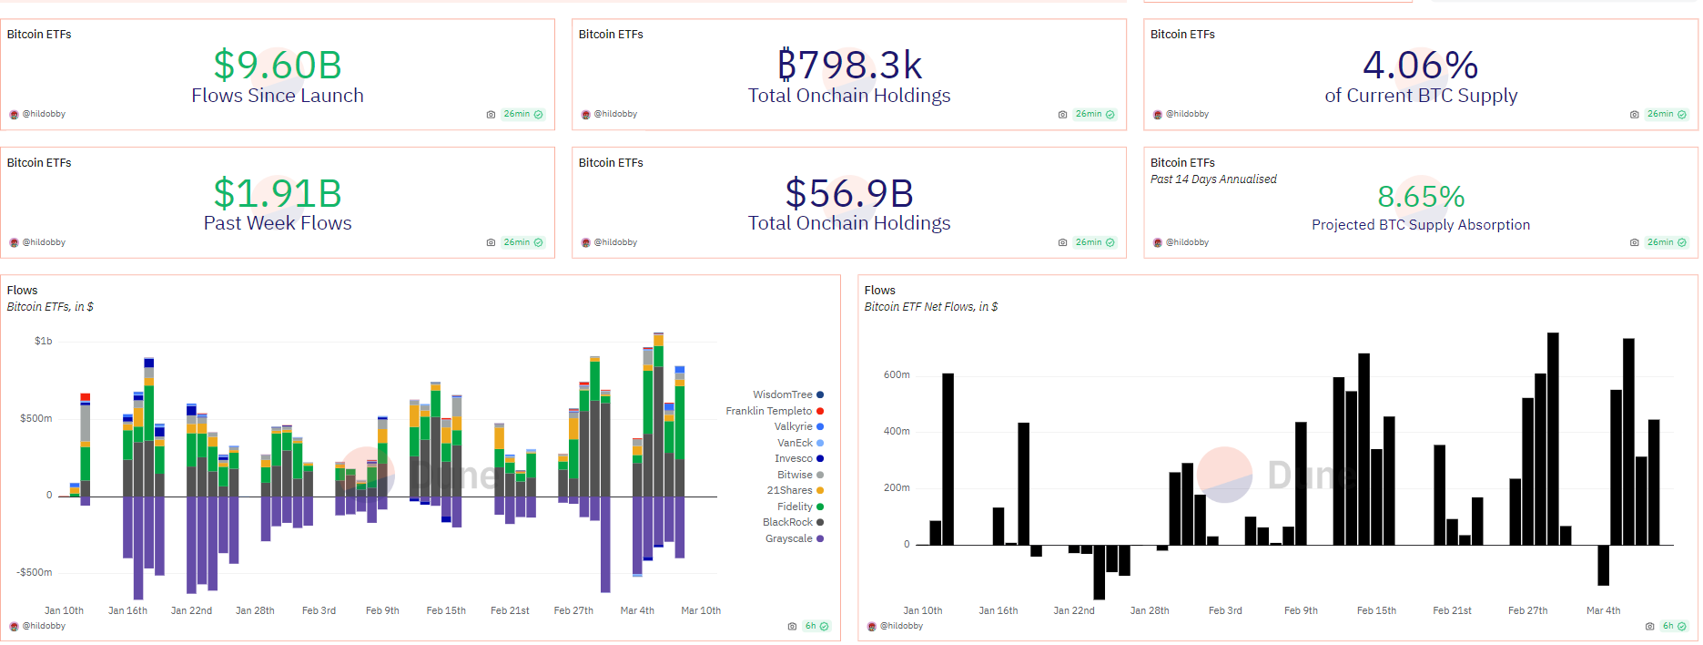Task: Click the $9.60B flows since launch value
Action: pos(278,66)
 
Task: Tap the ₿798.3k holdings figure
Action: pos(849,66)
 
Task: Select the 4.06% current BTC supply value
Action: pos(1420,66)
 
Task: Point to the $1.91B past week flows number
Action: pos(278,193)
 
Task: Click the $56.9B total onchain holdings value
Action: pos(849,193)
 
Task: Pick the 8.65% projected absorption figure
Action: pos(1420,197)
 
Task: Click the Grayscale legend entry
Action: pos(789,538)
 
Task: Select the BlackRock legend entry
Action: pos(788,522)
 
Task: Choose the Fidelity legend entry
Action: pos(795,507)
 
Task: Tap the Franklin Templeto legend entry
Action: pos(769,411)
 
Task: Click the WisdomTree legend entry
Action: pos(783,394)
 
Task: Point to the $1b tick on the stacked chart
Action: pos(43,341)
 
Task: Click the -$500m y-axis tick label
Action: pos(35,572)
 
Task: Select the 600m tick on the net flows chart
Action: pos(897,374)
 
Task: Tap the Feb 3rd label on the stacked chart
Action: pos(319,610)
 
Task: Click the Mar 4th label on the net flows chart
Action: pos(1603,610)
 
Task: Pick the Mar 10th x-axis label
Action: pos(701,610)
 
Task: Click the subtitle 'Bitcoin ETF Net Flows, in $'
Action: pos(930,307)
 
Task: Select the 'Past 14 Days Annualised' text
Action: pos(1213,179)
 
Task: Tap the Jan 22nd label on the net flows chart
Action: pos(1074,610)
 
